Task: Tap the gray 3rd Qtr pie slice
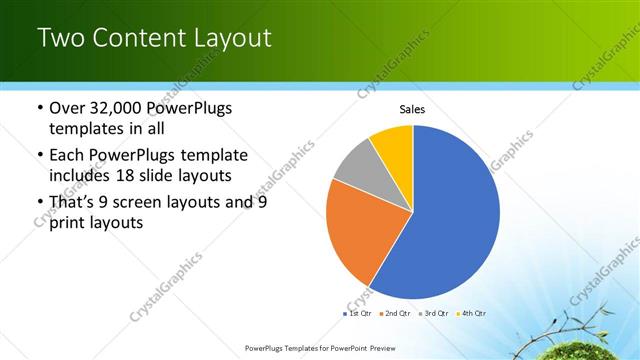(358, 170)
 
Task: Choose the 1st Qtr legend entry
(357, 314)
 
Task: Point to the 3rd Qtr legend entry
(436, 314)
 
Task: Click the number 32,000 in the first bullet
(122, 108)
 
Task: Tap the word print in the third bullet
(68, 224)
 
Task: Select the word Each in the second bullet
(68, 155)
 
